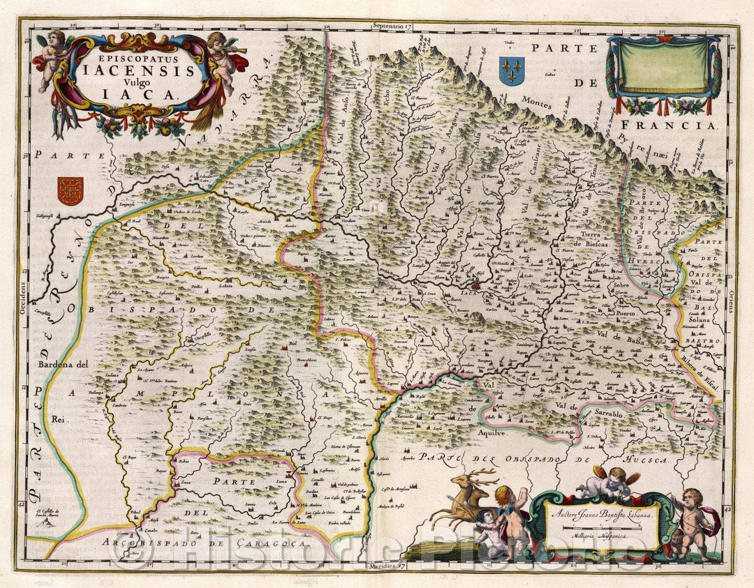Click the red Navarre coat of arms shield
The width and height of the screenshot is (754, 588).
pos(70,190)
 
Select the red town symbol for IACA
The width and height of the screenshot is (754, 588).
pos(475,285)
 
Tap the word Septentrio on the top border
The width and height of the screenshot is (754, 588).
pos(393,26)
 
